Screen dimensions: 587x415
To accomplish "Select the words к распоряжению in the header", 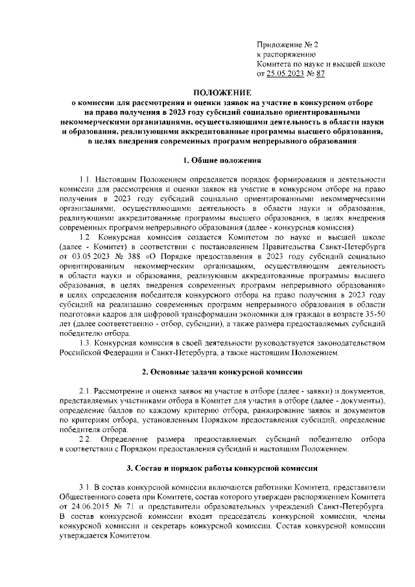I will [x=286, y=55].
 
